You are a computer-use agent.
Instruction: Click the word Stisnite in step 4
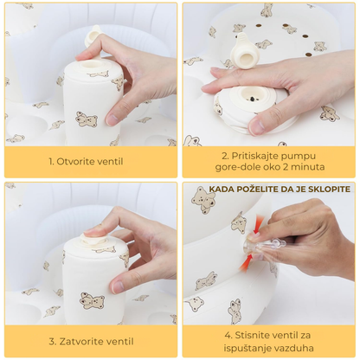pyautogui.click(x=251, y=336)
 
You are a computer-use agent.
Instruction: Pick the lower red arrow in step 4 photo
pyautogui.click(x=247, y=261)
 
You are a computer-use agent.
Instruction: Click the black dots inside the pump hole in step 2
pyautogui.click(x=253, y=99)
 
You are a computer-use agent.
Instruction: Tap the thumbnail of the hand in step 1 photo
pyautogui.click(x=112, y=119)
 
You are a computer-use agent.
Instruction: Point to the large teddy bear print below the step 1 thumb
pyautogui.click(x=86, y=119)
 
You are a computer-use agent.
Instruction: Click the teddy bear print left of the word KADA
pyautogui.click(x=203, y=201)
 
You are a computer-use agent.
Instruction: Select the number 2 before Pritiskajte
pyautogui.click(x=226, y=156)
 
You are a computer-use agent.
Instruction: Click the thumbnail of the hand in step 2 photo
pyautogui.click(x=257, y=125)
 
